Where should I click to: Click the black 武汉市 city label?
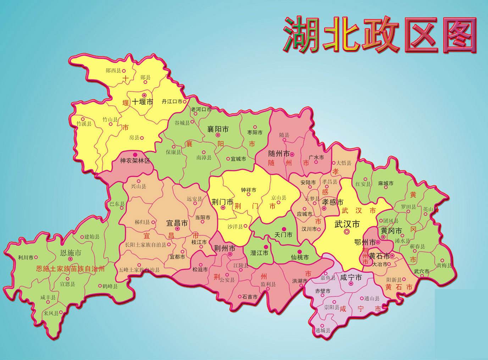(347, 224)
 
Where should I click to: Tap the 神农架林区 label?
(135, 161)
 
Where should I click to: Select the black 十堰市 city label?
(143, 102)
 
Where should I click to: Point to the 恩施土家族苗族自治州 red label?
(71, 269)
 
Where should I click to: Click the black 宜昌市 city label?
(177, 223)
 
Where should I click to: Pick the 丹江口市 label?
(172, 101)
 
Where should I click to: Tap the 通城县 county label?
(322, 331)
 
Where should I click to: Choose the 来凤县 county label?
(51, 313)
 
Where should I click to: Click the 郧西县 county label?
(113, 71)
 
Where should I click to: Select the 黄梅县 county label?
(444, 265)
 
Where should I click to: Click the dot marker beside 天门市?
(284, 229)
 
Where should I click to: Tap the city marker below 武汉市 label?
(347, 231)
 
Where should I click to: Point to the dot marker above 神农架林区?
(135, 155)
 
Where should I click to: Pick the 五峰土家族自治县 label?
(139, 270)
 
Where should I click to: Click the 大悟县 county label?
(344, 163)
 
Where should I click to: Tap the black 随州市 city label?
(279, 154)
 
